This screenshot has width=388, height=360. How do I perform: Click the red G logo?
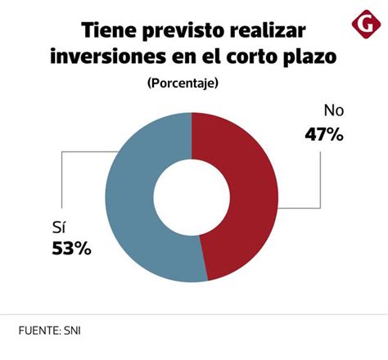pyautogui.click(x=362, y=25)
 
